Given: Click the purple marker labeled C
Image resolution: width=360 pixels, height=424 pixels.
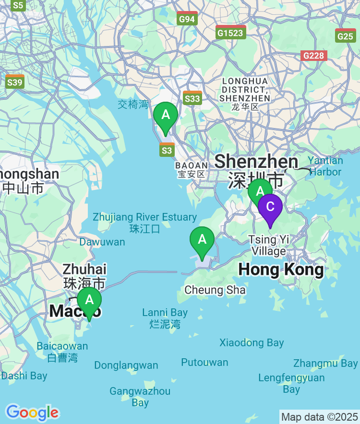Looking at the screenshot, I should [270, 207].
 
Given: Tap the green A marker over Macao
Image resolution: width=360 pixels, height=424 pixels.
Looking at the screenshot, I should [89, 301].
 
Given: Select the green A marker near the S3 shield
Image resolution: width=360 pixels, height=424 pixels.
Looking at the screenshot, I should [166, 116].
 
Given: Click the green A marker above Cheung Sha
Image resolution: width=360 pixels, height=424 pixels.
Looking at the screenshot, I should [202, 240].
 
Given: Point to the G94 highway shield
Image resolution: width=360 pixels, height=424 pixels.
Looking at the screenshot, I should [187, 19].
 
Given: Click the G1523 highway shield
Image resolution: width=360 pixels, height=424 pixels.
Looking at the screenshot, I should [231, 32].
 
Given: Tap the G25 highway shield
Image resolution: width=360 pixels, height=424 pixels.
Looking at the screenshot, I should [346, 35].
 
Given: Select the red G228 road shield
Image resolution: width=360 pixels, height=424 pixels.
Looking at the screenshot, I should [314, 56].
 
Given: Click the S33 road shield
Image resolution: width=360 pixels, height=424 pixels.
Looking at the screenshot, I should [192, 98].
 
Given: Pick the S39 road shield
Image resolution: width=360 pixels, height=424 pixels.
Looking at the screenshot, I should [15, 82].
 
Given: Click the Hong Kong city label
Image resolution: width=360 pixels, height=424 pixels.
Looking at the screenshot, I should [281, 270].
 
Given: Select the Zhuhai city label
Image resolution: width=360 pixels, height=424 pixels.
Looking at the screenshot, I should [84, 275].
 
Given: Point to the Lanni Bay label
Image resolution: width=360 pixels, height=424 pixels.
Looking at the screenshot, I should [165, 318].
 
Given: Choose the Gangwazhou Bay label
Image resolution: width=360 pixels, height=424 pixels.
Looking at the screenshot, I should [140, 397].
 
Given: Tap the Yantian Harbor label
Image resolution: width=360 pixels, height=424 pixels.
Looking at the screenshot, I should [325, 166].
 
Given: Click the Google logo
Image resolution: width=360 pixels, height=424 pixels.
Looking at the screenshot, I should [32, 412].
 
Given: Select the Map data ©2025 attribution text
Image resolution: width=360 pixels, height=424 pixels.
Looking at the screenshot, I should [319, 417].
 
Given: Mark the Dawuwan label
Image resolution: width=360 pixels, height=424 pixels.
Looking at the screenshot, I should [102, 242].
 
